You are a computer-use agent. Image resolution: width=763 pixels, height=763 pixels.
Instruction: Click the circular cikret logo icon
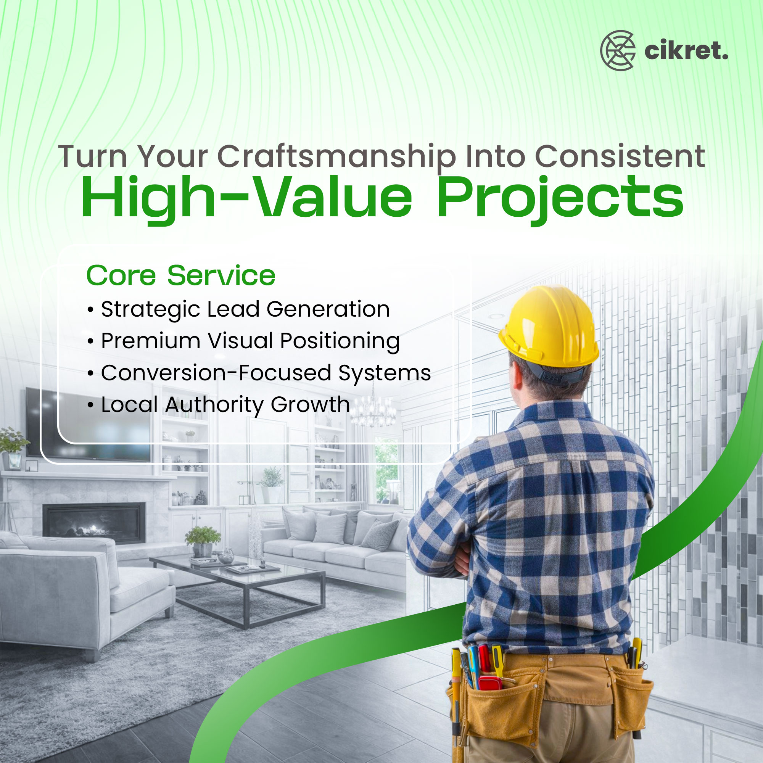tap(618, 51)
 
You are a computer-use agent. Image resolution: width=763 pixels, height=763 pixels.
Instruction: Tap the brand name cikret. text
tap(686, 51)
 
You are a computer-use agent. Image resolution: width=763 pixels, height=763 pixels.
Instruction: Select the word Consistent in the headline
tap(620, 156)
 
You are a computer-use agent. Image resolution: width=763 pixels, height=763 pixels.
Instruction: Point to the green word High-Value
tap(247, 199)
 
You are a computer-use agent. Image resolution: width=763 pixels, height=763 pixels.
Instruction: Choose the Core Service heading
tap(180, 275)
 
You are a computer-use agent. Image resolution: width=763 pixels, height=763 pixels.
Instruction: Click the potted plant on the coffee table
tap(203, 541)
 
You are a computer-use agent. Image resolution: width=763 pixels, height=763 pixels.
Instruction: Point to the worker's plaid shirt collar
tap(553, 415)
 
